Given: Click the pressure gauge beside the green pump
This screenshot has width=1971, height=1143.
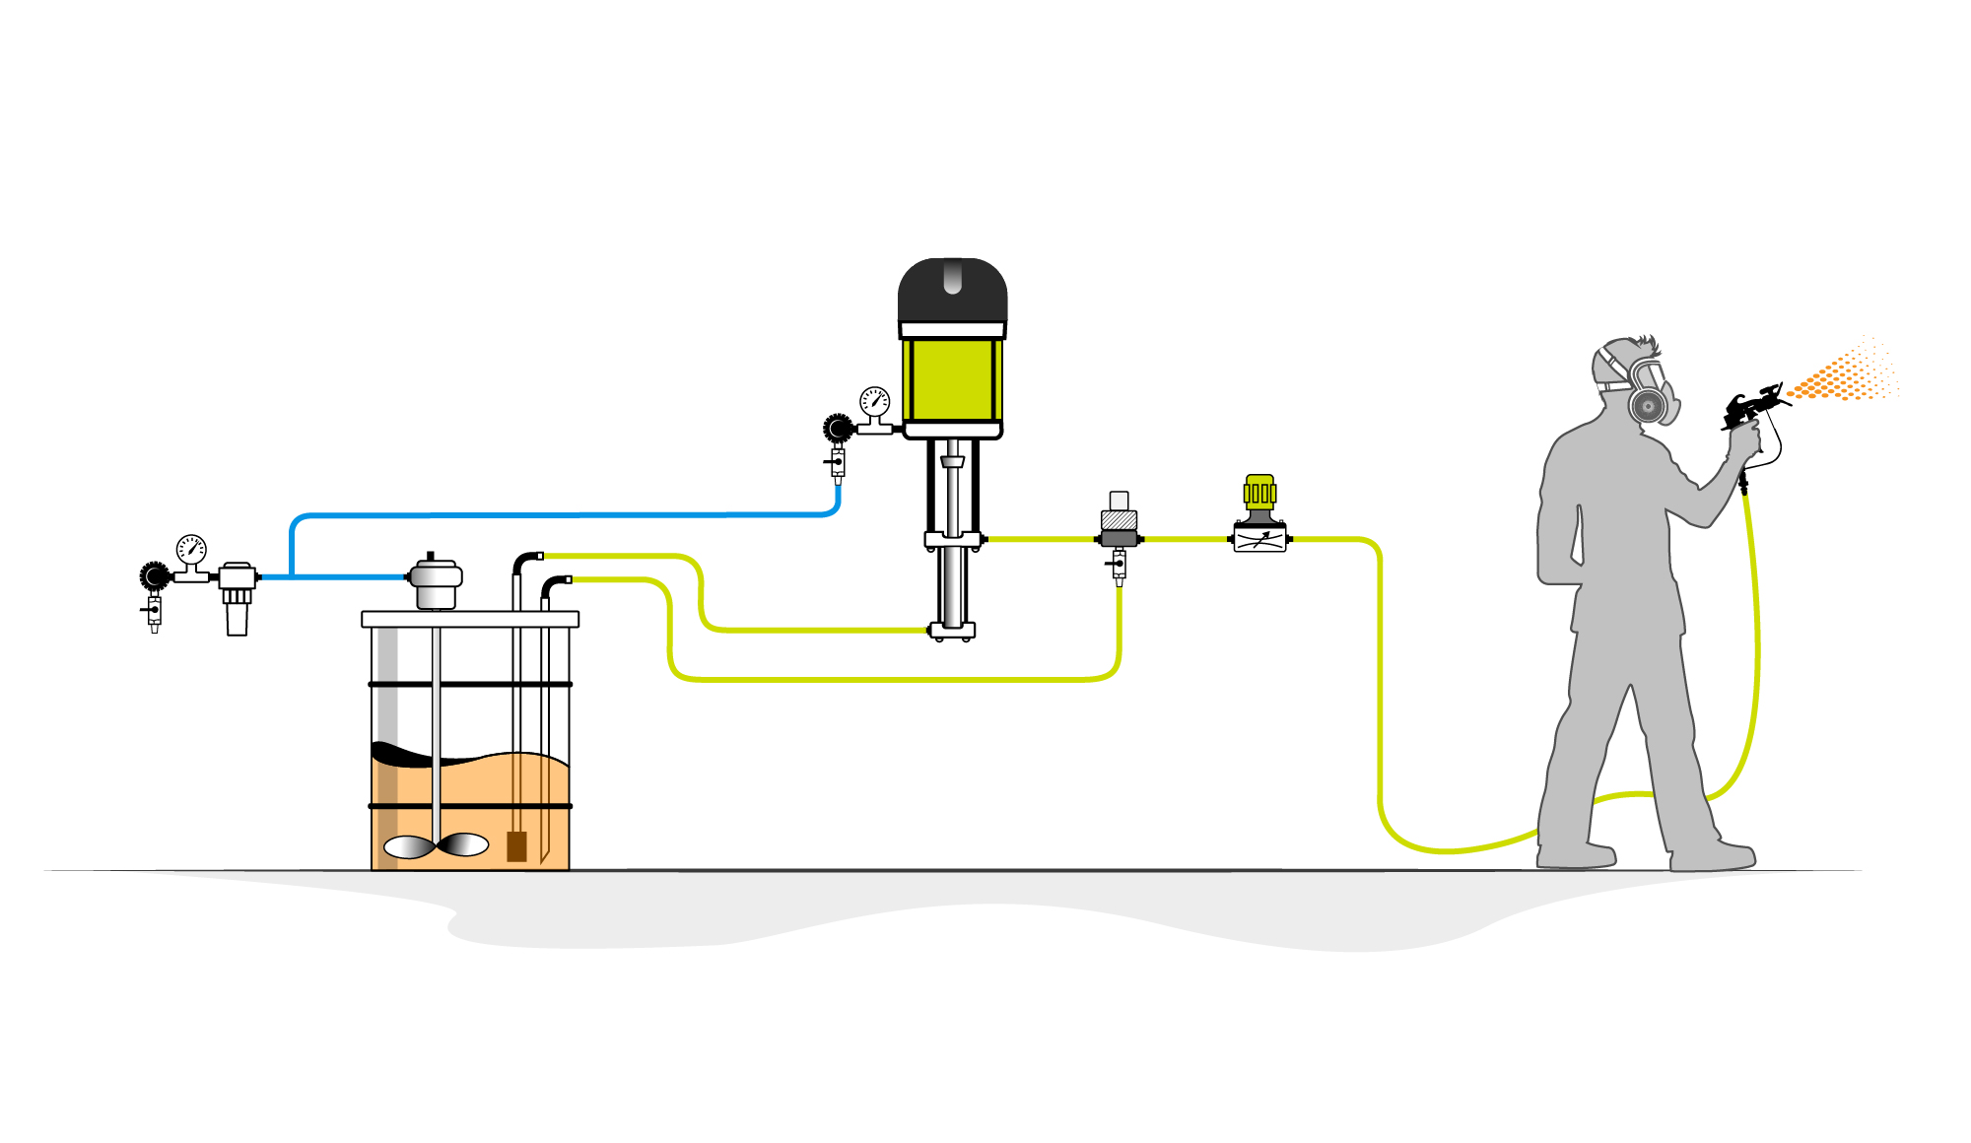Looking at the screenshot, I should point(874,401).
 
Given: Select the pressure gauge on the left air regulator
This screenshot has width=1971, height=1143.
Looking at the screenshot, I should point(191,550).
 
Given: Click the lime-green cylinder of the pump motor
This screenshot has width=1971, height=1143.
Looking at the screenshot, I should point(952,379).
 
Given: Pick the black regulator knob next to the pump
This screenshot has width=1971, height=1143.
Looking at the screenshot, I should point(838,428).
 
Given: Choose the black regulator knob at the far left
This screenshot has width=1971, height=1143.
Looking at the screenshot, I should point(155,575).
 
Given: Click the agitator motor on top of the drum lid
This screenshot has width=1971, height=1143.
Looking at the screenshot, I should point(435,581).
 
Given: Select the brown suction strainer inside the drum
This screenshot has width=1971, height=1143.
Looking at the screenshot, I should point(516,846).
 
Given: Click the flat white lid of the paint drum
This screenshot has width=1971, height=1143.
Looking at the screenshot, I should point(470,619).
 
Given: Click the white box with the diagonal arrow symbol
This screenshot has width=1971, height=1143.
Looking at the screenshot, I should point(1259,539).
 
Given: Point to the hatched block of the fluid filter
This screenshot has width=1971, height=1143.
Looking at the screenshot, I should point(1119,520).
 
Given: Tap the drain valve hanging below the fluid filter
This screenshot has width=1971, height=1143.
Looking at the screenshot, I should point(1119,566).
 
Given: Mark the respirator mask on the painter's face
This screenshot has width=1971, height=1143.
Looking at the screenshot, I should point(1650,394).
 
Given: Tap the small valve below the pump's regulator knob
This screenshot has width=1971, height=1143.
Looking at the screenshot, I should point(838,462).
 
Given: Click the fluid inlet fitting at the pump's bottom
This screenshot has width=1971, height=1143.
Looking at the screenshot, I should point(951,631).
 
